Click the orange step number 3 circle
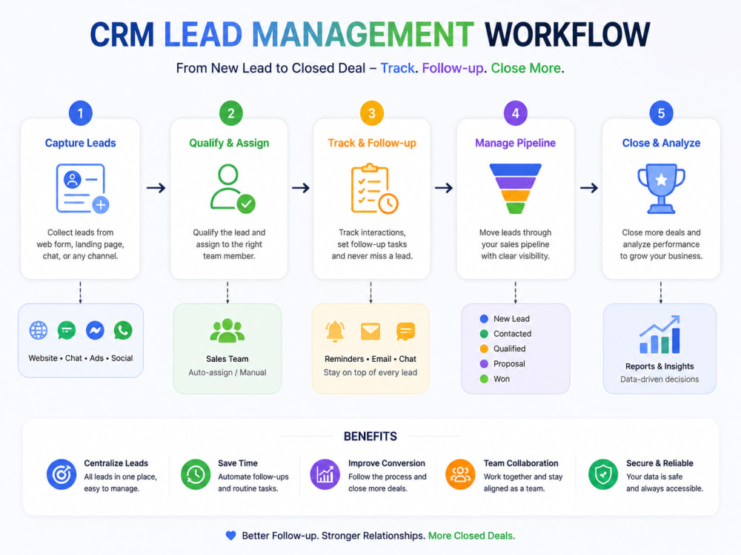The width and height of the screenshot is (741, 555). (372, 113)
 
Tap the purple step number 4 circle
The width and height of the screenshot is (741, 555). (515, 113)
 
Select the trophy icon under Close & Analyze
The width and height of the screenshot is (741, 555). (661, 189)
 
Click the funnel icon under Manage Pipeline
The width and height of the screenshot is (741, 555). (515, 189)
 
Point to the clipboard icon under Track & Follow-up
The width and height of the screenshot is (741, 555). (374, 189)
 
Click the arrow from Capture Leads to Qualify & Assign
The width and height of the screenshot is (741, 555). (156, 188)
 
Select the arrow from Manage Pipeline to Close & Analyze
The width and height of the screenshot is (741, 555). (589, 188)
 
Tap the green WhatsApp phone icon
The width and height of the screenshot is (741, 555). (123, 330)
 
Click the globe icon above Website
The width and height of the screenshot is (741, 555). (39, 330)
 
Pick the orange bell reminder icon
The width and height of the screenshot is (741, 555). (335, 332)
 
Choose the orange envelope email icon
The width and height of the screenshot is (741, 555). (370, 332)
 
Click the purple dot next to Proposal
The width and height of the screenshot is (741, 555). (484, 364)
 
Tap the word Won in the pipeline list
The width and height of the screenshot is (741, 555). (502, 379)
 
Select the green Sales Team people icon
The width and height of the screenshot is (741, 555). (227, 330)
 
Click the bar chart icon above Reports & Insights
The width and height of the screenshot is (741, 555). (659, 334)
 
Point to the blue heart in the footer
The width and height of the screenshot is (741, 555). (230, 535)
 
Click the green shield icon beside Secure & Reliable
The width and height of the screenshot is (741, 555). (603, 474)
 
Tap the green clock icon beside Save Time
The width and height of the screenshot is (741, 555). (196, 474)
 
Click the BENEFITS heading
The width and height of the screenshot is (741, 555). (370, 436)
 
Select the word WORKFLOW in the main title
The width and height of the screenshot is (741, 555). (567, 35)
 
